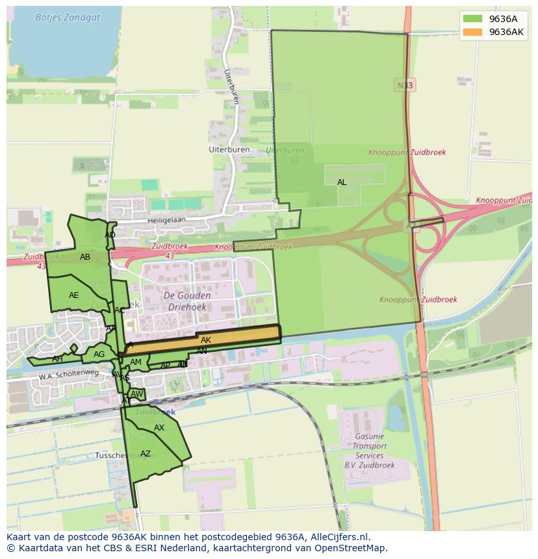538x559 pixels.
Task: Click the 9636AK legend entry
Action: pyautogui.click(x=506, y=32)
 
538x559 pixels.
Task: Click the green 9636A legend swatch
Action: pyautogui.click(x=473, y=19)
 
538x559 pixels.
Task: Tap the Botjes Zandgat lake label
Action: pyautogui.click(x=68, y=18)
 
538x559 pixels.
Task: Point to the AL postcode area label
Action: pyautogui.click(x=342, y=182)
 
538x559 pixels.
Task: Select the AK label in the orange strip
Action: pyautogui.click(x=206, y=340)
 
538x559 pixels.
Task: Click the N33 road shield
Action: pyautogui.click(x=404, y=85)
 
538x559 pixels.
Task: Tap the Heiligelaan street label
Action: pyautogui.click(x=166, y=220)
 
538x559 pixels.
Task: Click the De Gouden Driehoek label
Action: pyautogui.click(x=187, y=302)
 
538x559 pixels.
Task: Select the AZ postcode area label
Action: pyautogui.click(x=146, y=454)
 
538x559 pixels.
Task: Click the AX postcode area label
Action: pyautogui.click(x=159, y=428)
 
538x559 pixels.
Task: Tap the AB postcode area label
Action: pyautogui.click(x=85, y=257)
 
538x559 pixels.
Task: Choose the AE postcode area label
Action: pyautogui.click(x=74, y=295)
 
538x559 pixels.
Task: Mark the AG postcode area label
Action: pyautogui.click(x=99, y=354)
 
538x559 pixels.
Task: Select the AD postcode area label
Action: pyautogui.click(x=110, y=235)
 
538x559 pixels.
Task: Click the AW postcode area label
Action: pyautogui.click(x=136, y=394)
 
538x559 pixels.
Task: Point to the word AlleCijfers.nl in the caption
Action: pyautogui.click(x=338, y=537)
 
